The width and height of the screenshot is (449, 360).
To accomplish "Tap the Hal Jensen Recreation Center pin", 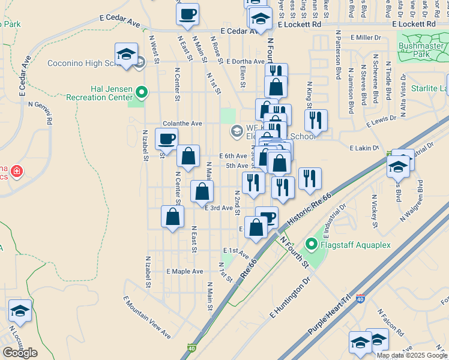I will point(142,92).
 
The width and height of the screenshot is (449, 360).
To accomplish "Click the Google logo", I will point(20,353).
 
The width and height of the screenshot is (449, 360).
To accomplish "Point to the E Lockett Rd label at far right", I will point(414,25).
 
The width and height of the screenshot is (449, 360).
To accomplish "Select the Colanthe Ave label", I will point(182,123).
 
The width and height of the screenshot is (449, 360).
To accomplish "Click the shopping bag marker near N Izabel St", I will point(172,217).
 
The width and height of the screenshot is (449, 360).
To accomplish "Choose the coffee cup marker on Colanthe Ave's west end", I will point(166,139).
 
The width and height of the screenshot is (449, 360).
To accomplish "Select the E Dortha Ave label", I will point(246,61).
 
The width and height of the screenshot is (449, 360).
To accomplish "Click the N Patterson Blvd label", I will point(339,55).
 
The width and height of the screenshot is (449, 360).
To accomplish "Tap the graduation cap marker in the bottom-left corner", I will point(20,311).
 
